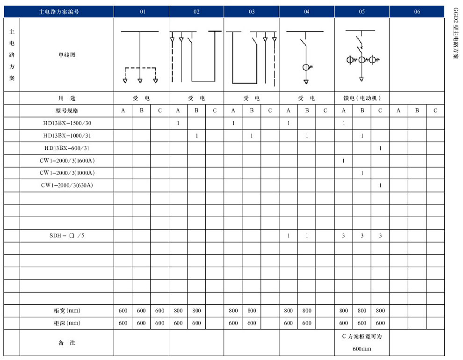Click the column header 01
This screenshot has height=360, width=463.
pos(141,12)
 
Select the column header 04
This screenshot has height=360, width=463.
pos(306,12)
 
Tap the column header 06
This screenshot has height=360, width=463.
pos(417,12)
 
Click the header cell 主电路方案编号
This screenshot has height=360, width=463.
pos(59,12)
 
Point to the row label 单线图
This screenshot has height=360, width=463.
pos(66,55)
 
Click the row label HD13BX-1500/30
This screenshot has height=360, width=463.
pos(66,123)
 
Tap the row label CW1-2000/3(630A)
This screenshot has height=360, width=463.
pos(67,185)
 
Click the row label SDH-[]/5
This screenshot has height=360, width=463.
pos(67,235)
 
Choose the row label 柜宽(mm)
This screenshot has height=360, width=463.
pos(67,310)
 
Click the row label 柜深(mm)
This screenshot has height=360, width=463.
pos(67,323)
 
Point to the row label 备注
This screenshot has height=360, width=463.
pos(66,343)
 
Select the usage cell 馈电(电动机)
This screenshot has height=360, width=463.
pos(362,98)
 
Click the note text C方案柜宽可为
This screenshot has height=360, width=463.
pos(362,337)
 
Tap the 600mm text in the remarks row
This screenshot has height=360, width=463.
pos(362,349)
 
